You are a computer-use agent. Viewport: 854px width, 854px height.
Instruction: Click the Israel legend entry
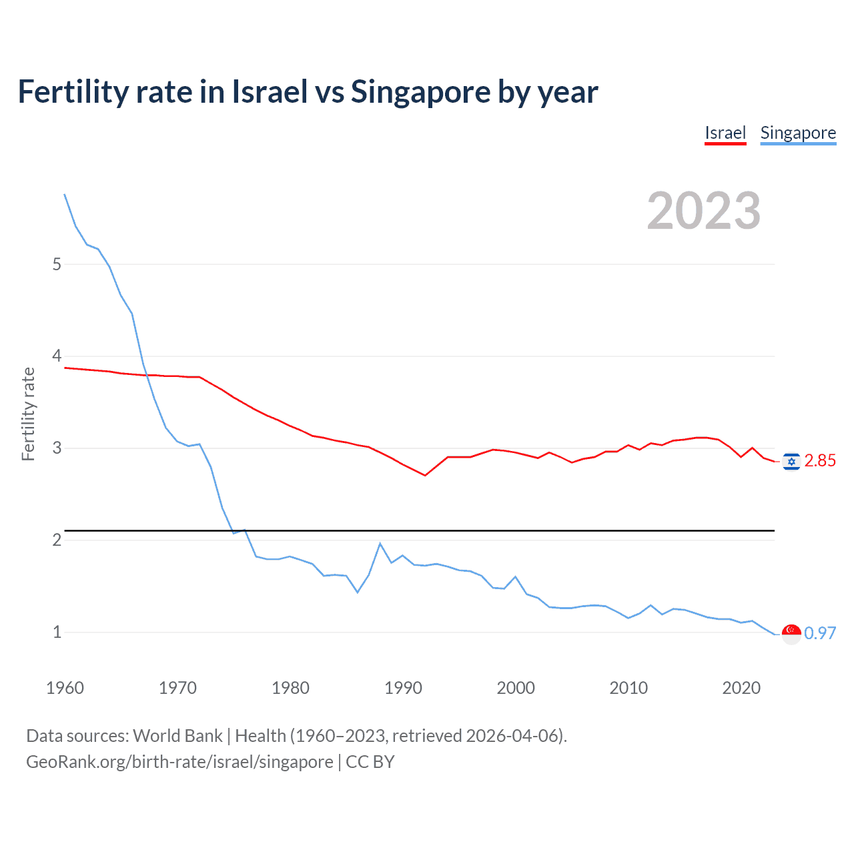coord(725,133)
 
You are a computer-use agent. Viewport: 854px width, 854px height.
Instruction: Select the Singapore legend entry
coord(798,133)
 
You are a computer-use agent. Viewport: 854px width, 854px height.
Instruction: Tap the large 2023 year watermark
coord(703,211)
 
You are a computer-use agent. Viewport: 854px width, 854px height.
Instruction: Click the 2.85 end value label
coord(820,461)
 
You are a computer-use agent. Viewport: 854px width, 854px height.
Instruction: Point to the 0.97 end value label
coord(820,633)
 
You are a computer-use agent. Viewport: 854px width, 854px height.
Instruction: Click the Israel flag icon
coord(791,462)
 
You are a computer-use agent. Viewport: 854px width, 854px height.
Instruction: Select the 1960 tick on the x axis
coord(65,688)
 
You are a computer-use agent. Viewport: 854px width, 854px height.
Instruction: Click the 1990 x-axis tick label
coord(403,688)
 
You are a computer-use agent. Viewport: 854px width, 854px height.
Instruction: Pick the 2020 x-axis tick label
coord(741,688)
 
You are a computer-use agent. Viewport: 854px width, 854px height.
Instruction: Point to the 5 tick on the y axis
coord(57,265)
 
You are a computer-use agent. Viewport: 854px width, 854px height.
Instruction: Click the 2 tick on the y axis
coord(57,540)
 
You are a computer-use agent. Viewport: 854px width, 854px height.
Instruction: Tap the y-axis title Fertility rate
coord(28,414)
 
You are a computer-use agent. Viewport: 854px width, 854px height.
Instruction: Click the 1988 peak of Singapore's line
coord(380,544)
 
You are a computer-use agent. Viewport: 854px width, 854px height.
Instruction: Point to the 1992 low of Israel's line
coord(425,475)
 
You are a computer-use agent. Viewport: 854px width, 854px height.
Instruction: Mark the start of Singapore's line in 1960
coord(65,194)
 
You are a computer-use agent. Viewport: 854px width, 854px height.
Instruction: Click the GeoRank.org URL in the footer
coord(179,762)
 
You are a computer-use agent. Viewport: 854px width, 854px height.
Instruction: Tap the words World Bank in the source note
coord(177,736)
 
